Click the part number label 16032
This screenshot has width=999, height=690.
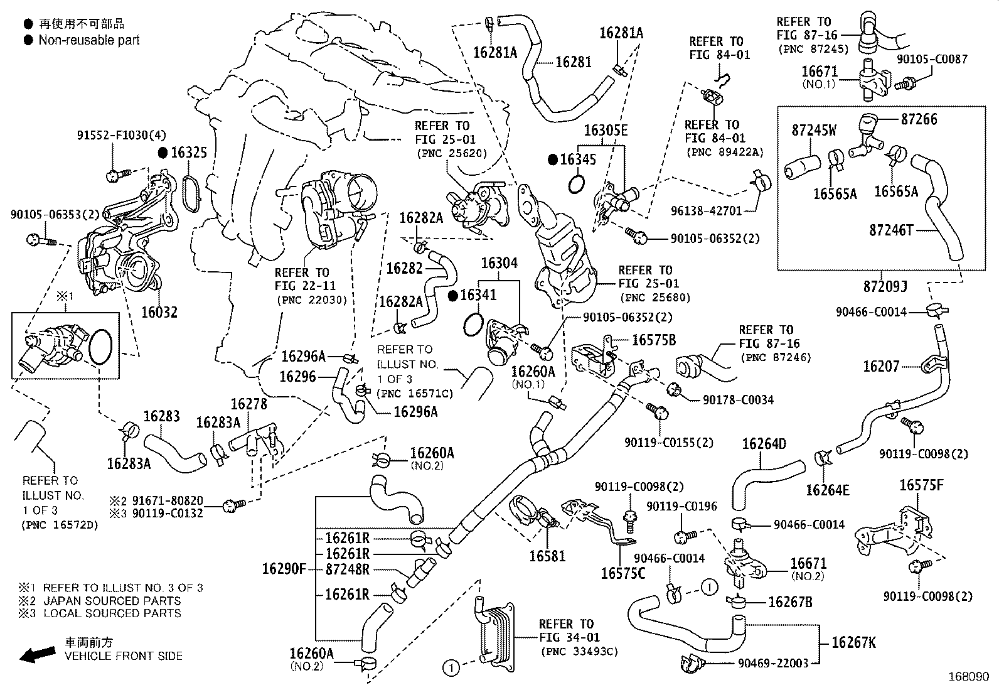tap(159, 312)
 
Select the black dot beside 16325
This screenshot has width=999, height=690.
tap(163, 153)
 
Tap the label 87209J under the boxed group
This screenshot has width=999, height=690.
tap(885, 286)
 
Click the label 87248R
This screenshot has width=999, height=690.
tap(347, 569)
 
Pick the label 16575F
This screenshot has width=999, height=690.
tap(921, 485)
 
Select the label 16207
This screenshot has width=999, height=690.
tap(881, 366)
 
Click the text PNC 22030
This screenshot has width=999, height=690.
tap(311, 299)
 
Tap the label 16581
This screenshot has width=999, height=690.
tap(548, 556)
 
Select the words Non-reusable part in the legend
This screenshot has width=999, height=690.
tap(89, 40)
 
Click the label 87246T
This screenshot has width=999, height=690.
tap(891, 230)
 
